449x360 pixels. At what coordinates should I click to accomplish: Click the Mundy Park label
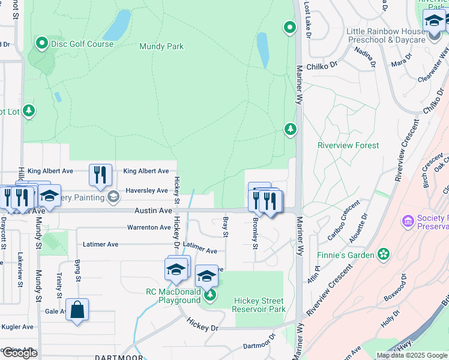tap(161, 46)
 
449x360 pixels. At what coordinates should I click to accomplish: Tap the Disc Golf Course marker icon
tap(42, 43)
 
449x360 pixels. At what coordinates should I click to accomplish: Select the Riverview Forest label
tap(348, 145)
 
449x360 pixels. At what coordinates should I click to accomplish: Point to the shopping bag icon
tap(77, 310)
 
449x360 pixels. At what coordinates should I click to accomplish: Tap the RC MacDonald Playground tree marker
tap(209, 295)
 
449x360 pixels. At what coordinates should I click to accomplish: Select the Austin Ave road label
tap(153, 211)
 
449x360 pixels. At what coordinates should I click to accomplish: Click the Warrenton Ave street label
tap(149, 227)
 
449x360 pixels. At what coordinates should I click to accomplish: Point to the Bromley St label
tap(255, 233)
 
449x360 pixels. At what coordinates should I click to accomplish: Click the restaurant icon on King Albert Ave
tap(101, 175)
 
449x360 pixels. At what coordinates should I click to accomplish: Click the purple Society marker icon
tap(409, 222)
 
